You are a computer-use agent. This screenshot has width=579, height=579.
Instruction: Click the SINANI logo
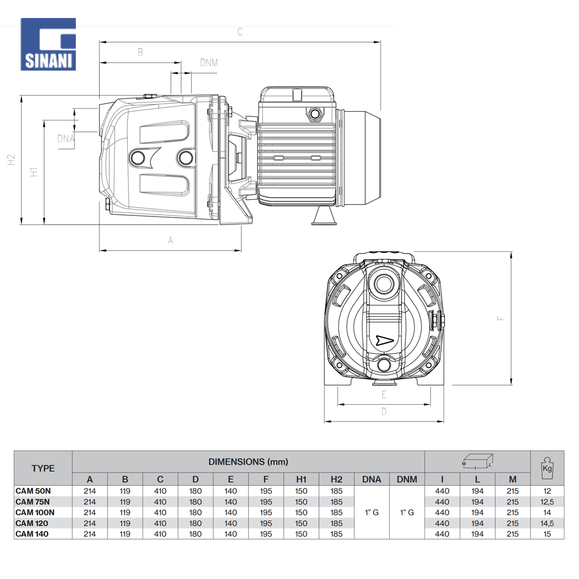49,44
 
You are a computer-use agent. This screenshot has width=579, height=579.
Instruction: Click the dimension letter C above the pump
240,32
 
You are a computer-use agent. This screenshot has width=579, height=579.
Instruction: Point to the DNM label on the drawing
208,63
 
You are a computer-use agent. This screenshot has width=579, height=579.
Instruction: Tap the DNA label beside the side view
66,138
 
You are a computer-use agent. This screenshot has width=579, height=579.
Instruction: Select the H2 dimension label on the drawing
12,160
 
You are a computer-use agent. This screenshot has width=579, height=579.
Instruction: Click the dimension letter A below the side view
170,240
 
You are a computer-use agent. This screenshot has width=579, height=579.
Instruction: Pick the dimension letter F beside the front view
503,318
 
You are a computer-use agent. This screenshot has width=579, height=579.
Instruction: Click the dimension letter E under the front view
383,395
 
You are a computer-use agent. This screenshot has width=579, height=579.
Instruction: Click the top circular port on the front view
383,285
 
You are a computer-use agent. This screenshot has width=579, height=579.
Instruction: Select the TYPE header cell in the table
43,468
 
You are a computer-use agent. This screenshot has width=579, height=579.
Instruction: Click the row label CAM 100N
35,512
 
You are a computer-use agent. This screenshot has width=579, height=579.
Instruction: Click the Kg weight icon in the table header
546,467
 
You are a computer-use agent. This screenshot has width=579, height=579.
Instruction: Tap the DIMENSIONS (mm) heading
248,461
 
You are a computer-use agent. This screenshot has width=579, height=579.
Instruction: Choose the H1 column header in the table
301,479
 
